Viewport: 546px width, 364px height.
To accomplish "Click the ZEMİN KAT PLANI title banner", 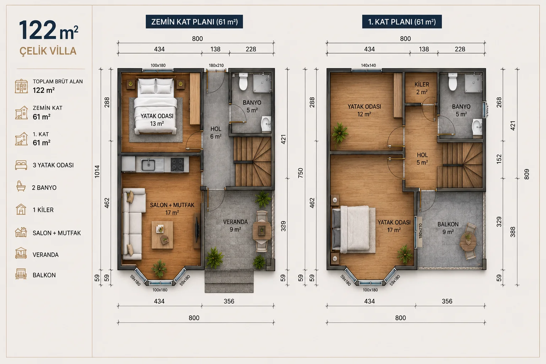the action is point(194,22).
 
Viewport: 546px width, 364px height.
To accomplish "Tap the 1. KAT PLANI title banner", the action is point(402,22).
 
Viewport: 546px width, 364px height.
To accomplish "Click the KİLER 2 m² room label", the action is point(422,88).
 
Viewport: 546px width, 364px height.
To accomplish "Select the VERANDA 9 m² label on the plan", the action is point(235,225).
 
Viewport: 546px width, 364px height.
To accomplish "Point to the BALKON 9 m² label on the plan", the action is point(448,228).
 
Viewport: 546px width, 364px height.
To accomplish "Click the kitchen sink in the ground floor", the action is point(148,165).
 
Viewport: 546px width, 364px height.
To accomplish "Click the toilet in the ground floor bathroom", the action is point(243,81).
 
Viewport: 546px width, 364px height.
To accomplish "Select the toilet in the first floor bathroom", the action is point(453,82).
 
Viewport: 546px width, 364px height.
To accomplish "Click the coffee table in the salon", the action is point(162,235).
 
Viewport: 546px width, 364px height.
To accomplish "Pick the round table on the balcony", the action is point(468,242).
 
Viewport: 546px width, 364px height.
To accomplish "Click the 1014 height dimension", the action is point(97,172).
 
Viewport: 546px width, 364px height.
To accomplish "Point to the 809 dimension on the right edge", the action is point(527,174).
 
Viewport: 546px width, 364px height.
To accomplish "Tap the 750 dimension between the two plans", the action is point(300,173).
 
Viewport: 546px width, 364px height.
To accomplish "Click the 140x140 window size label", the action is point(368,65).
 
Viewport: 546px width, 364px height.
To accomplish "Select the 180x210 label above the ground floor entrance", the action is point(216,65).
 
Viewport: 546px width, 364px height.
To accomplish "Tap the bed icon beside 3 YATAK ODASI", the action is point(21,165).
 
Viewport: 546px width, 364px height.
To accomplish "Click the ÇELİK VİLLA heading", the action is point(48,51).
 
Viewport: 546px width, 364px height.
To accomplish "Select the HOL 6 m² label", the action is point(216,133).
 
